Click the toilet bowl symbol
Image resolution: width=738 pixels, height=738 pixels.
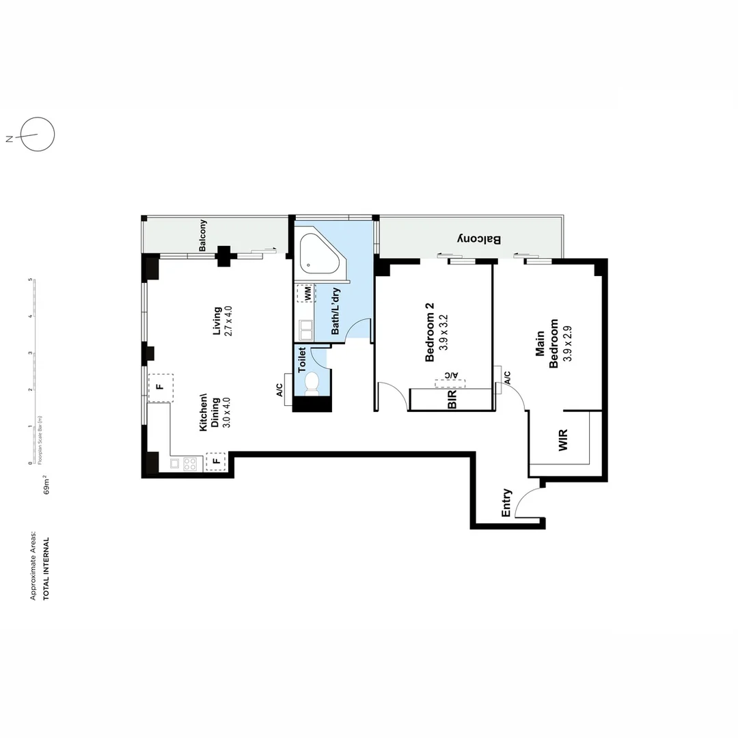[x=312, y=383]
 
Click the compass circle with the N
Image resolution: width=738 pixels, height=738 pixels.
[x=38, y=134]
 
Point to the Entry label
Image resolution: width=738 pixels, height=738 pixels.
[x=506, y=503]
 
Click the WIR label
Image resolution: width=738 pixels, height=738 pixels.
[x=563, y=440]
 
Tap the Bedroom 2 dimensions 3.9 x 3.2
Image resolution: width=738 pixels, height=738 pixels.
[x=443, y=332]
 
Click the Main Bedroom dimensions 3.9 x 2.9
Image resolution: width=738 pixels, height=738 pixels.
[x=567, y=343]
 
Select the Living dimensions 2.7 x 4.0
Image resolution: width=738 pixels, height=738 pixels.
[x=228, y=321]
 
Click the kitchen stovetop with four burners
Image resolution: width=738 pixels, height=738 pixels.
[x=190, y=463]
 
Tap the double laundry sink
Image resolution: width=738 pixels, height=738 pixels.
[x=306, y=330]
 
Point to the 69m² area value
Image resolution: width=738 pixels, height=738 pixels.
[x=46, y=484]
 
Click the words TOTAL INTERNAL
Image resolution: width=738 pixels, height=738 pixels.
[x=46, y=569]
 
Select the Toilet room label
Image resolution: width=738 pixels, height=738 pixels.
[x=302, y=359]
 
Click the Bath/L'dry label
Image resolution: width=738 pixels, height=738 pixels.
[x=335, y=311]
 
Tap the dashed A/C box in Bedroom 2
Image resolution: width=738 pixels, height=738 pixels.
[x=450, y=383]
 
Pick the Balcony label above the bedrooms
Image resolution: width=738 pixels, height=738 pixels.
[x=479, y=239]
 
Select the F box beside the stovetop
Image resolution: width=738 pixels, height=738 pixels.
[x=216, y=461]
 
